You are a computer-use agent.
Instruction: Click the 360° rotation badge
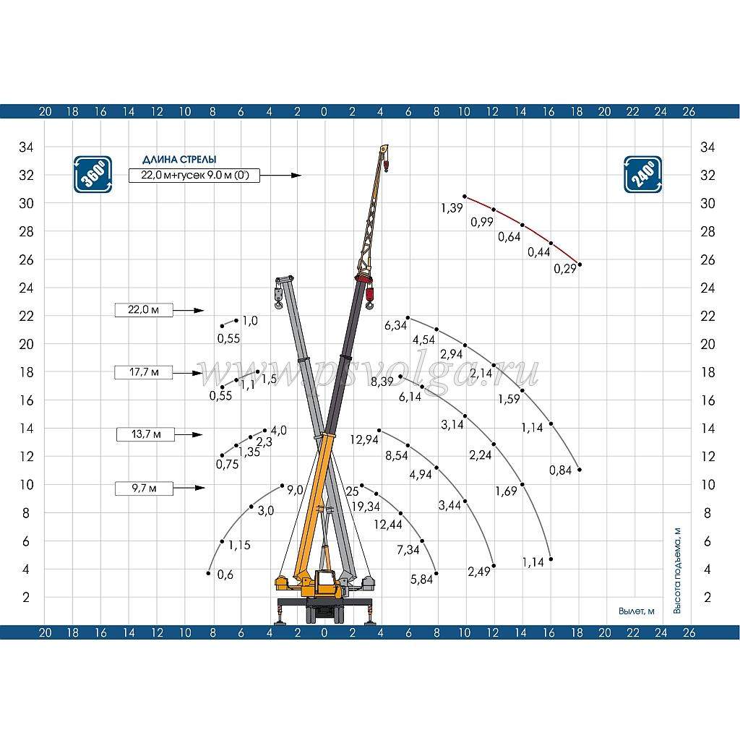coord(93,175)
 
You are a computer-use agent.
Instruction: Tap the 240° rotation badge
coord(642,175)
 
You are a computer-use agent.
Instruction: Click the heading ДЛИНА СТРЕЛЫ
coord(179,160)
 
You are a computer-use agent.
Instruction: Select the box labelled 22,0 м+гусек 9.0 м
coord(194,175)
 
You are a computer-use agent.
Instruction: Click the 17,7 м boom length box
coord(144,372)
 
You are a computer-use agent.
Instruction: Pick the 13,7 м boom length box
coord(146,434)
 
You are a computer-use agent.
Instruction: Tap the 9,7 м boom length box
coord(144,488)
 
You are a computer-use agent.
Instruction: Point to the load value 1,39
coord(452,207)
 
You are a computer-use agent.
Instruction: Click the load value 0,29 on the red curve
coord(565,269)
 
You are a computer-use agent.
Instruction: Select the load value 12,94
coord(364,440)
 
